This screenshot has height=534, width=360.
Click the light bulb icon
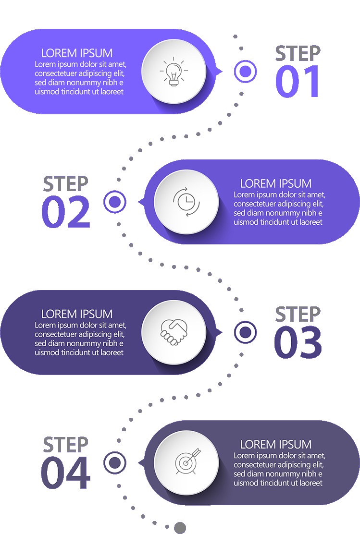(174, 72)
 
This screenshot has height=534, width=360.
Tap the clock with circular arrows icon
(186, 202)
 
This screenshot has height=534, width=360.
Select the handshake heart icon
(174, 332)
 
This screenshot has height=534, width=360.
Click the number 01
(297, 81)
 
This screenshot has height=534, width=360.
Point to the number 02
(66, 212)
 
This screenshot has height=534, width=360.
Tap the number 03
(298, 342)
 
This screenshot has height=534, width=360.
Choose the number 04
(65, 473)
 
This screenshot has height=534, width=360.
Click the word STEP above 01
(298, 53)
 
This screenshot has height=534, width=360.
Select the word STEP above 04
(65, 445)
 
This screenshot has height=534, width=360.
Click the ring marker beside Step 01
(246, 72)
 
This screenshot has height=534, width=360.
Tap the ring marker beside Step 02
(115, 202)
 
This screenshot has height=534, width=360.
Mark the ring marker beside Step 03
(246, 332)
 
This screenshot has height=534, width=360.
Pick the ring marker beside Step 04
(115, 463)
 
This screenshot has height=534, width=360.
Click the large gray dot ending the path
(180, 528)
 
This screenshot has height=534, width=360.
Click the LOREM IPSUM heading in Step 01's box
(77, 53)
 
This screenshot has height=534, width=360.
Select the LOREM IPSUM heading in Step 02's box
(276, 183)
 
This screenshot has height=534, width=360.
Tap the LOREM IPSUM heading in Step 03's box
(77, 314)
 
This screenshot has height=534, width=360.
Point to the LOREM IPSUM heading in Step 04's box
(276, 444)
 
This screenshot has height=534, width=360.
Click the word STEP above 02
(65, 184)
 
